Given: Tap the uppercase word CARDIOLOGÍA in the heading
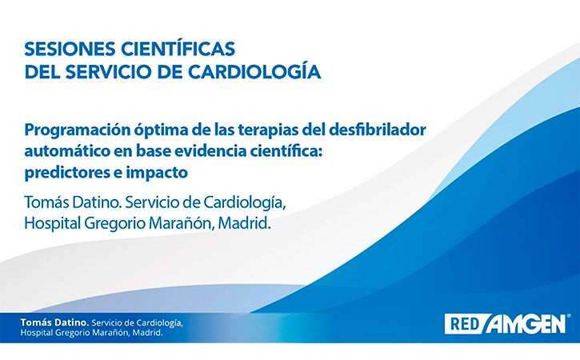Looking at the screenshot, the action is [254, 71].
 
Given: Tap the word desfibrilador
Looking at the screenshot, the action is [377, 130].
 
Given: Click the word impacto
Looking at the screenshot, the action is [157, 173].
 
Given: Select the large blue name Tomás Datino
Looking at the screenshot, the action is [73, 202].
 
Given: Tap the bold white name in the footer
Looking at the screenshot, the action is [54, 322].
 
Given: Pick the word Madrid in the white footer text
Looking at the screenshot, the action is [147, 333].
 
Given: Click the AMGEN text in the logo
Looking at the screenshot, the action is [526, 324].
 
